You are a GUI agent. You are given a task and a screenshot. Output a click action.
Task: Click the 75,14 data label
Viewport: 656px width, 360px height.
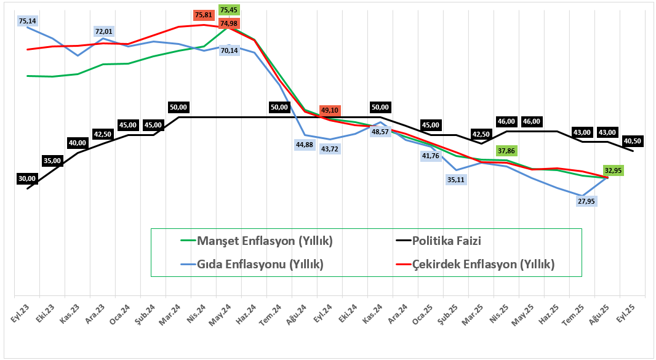[x=27, y=21]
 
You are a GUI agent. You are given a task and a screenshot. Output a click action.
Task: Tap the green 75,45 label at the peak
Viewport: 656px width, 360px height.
[x=229, y=10]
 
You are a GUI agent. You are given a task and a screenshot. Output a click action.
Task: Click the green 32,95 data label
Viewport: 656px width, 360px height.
[x=614, y=170]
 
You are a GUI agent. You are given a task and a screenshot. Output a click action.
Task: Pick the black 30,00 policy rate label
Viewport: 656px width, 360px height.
[x=28, y=178]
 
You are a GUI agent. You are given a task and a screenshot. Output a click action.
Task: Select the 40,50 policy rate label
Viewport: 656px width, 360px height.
[x=633, y=141]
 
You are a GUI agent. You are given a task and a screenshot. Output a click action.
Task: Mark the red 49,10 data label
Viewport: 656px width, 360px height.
[x=330, y=110]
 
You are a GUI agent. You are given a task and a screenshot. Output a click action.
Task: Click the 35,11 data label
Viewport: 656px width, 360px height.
[x=457, y=180]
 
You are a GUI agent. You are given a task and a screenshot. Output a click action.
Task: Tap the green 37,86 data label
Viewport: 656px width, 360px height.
[x=506, y=150]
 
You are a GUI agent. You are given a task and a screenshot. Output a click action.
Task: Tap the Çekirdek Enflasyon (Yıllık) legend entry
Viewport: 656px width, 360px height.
[x=475, y=265]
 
